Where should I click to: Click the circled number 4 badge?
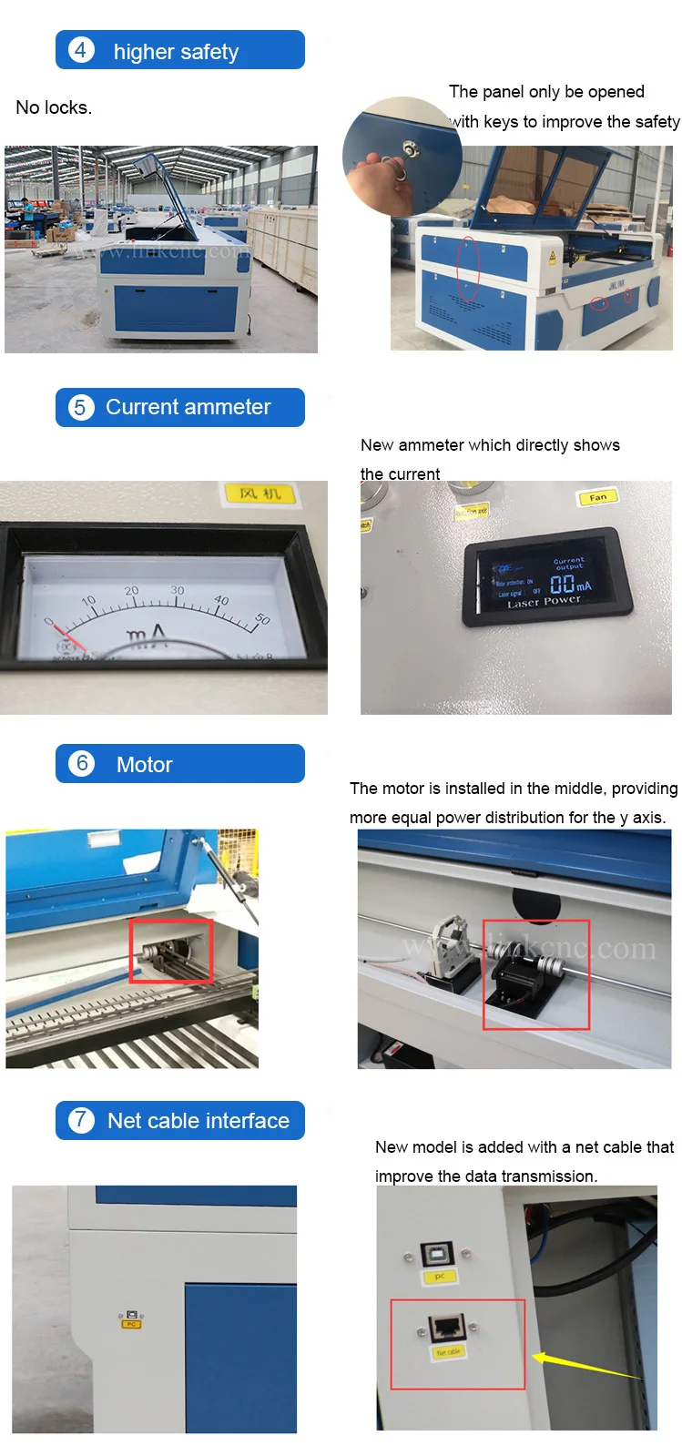(81, 50)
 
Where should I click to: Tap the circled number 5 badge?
(80, 407)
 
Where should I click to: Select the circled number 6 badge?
(82, 763)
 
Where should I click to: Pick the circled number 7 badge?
(81, 1119)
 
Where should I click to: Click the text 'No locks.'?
(54, 107)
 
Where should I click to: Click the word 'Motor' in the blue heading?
(144, 765)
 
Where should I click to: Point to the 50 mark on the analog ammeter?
(262, 619)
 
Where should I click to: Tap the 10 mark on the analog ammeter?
(88, 601)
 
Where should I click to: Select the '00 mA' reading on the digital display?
(570, 585)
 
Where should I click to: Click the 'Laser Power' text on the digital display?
(544, 602)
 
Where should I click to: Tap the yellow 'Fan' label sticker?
(597, 497)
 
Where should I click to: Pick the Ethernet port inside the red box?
(447, 1328)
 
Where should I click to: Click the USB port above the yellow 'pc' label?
(438, 1255)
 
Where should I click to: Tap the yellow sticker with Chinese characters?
(260, 494)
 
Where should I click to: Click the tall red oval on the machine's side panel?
(467, 269)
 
